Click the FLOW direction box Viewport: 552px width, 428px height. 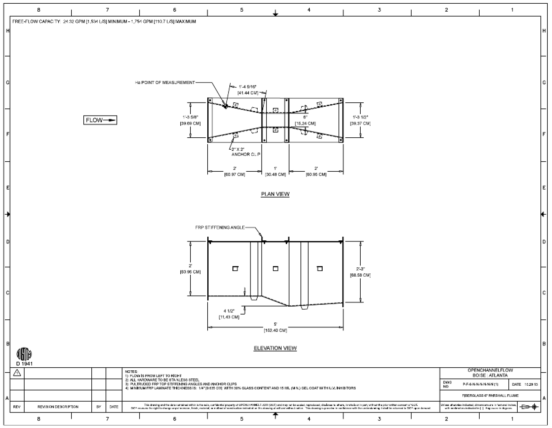point(100,120)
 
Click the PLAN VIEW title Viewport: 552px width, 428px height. point(275,194)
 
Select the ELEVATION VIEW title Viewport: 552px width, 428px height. point(275,348)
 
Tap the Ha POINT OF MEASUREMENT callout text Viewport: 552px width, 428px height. point(165,82)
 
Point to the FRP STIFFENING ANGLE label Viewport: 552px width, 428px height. point(220,227)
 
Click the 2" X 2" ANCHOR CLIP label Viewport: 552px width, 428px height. point(245,152)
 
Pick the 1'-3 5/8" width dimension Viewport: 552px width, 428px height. point(190,120)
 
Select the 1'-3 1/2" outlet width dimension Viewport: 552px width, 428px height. point(360,120)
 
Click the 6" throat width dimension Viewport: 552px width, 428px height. point(305,120)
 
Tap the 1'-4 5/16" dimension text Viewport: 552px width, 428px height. point(248,90)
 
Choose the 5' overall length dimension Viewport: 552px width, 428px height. point(275,327)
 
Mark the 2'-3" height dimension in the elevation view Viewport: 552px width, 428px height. point(360,272)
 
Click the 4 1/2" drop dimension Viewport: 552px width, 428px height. point(229,314)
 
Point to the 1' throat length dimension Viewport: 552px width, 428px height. point(275,171)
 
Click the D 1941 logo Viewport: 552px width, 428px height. point(24,356)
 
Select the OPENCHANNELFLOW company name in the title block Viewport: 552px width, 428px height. point(490,370)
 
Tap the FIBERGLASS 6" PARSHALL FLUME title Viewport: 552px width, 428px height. point(490,396)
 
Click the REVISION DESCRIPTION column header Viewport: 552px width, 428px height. point(58,407)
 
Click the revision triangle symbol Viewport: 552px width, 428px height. point(17,373)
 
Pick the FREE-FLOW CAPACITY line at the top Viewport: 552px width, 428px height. point(104,21)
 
